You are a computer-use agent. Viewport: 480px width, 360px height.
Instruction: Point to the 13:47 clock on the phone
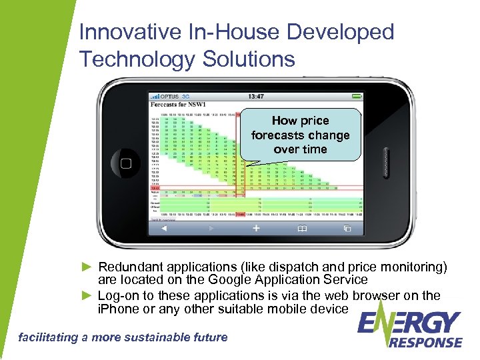click(256, 96)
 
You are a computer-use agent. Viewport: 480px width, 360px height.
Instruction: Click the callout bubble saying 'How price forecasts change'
click(300, 135)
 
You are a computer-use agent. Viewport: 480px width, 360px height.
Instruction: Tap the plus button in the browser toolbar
click(255, 228)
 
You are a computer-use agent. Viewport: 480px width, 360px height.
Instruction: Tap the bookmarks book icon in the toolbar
click(301, 228)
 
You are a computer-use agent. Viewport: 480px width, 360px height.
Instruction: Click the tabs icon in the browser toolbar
click(347, 228)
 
